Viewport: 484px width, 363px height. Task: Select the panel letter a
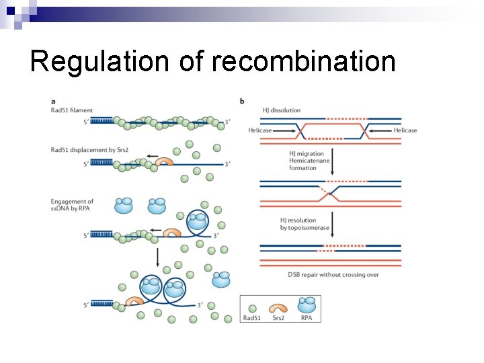point(53,102)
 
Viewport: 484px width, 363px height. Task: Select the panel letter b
point(241,102)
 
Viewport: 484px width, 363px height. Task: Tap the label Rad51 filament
point(72,110)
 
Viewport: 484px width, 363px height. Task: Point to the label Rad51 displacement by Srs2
point(90,150)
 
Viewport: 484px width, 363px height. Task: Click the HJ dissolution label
point(280,110)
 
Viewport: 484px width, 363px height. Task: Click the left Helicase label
point(260,130)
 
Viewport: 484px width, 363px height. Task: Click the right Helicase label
point(405,130)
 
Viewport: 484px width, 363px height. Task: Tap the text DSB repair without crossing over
point(324,274)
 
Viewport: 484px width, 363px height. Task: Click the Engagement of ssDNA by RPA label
point(72,206)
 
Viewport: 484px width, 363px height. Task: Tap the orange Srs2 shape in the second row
point(164,162)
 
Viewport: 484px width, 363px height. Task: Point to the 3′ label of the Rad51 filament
point(228,122)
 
